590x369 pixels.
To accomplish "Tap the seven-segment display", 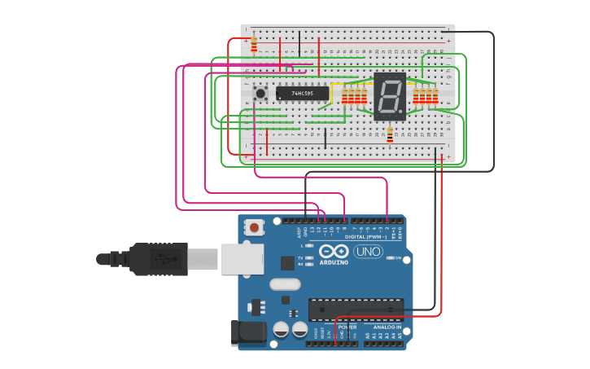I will click(x=389, y=97).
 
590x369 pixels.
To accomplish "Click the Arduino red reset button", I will click(x=255, y=228).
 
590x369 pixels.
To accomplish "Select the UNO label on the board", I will click(x=367, y=252).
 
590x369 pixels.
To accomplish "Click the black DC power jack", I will click(x=248, y=332).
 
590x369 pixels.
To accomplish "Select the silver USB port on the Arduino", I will click(x=243, y=258).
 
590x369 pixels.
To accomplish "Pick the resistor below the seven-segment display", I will click(x=390, y=134).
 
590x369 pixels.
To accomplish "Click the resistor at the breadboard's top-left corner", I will click(x=254, y=45).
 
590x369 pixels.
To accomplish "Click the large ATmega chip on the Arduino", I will click(x=356, y=310).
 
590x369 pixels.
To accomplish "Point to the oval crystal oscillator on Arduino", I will click(x=284, y=284).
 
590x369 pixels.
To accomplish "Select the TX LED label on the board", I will click(x=300, y=257).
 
